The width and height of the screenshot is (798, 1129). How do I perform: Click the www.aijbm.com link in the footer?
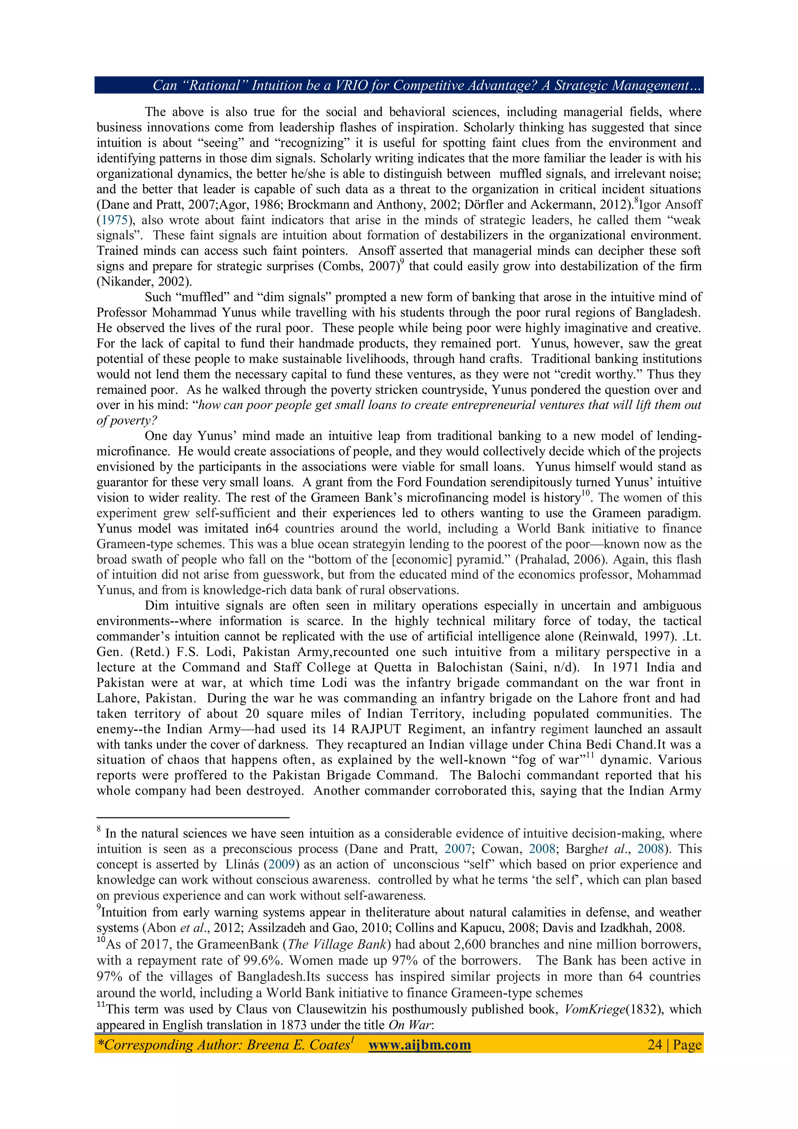tap(419, 1044)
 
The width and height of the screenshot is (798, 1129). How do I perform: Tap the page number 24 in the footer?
tap(655, 1044)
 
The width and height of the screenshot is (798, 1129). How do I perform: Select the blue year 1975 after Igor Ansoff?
tap(114, 220)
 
